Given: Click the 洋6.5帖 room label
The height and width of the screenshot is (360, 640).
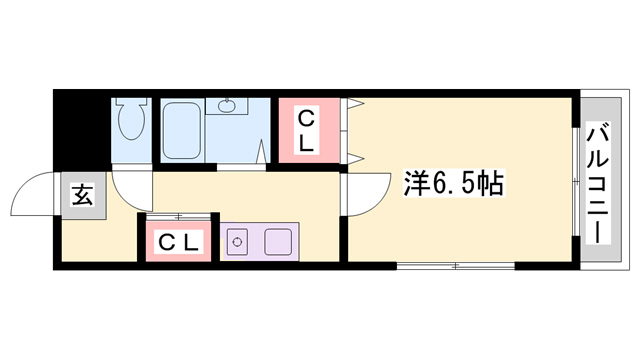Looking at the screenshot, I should point(453,183).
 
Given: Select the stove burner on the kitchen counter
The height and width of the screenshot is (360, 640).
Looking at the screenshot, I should point(237,241).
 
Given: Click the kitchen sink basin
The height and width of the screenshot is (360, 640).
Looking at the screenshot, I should point(276,241).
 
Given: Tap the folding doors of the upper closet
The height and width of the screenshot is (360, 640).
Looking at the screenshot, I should point(352,130).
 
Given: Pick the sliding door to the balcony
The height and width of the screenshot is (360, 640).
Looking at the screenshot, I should point(577,180).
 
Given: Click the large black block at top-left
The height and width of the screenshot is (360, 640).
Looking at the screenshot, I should point(80,125).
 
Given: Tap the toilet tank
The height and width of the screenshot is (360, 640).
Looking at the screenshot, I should point(131,104).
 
